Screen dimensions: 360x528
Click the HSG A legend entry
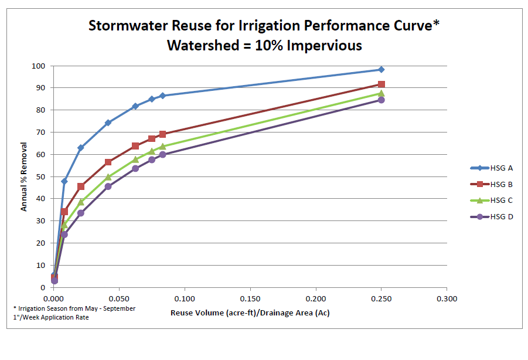492,168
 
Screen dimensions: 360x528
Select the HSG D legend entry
492,217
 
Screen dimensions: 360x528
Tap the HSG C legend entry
492,201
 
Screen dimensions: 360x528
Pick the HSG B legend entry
492,184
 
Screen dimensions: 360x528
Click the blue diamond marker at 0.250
381,70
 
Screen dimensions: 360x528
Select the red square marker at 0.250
381,84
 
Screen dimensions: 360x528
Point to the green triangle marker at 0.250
381,93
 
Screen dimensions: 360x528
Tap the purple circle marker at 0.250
381,100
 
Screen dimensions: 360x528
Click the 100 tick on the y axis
40,66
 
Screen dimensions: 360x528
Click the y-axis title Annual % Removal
24,176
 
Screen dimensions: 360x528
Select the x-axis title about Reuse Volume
250,313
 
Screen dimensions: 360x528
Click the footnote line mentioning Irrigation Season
74,308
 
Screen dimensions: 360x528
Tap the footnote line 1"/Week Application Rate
51,317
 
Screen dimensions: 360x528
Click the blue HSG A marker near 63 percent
81,148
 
